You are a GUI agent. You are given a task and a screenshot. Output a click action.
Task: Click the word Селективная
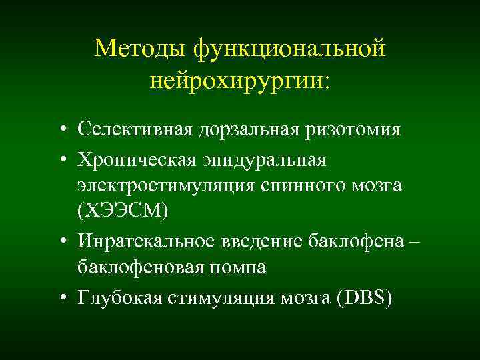point(135,128)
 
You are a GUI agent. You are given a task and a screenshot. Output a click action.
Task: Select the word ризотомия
point(353,128)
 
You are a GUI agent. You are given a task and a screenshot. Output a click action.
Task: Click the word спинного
point(309,185)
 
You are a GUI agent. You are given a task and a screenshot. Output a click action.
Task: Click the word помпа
point(240,268)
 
